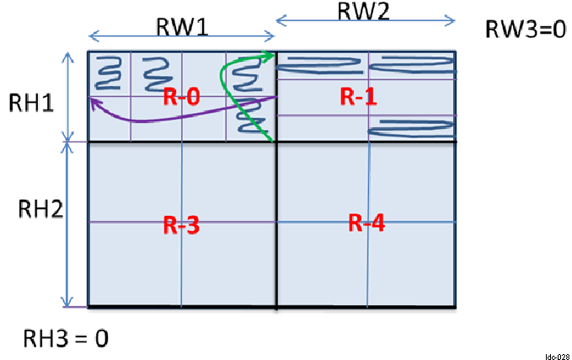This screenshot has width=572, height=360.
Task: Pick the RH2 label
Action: coord(35,209)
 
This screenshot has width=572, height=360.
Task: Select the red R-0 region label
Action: coord(182,97)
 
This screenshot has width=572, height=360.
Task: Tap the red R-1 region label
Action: coord(358,97)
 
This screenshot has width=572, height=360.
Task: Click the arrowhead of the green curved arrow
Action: coord(269,56)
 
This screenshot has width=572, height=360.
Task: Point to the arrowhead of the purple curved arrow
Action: coord(94,100)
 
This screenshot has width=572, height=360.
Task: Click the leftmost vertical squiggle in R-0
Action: coord(109,73)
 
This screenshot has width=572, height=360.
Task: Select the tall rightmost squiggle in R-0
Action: coord(246,94)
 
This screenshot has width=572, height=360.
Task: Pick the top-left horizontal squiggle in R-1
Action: coord(321,61)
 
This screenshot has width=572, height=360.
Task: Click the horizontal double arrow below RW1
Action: coord(181,36)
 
